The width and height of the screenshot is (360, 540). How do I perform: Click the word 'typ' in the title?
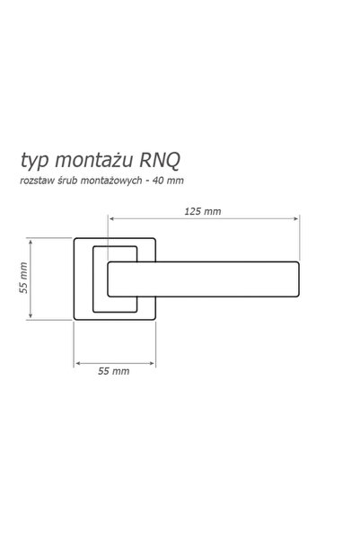34,161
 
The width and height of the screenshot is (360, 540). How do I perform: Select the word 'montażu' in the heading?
93,161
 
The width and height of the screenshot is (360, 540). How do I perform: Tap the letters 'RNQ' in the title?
160,161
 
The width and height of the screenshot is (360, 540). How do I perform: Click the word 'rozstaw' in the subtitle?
37,181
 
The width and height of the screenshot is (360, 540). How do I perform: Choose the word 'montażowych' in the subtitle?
111,181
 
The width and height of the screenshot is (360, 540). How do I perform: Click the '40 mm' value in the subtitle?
168,180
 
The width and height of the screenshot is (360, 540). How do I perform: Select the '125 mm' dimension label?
203,211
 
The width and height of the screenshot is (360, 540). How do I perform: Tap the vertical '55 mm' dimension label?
23,278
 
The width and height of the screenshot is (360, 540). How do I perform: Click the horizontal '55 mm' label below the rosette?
114,371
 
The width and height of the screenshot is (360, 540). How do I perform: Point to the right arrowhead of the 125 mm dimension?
296,218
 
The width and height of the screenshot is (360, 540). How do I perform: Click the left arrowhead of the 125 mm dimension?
111,218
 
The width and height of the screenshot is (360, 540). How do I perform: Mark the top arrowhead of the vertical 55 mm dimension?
31,243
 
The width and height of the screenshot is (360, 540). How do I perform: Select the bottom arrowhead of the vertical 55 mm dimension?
31,314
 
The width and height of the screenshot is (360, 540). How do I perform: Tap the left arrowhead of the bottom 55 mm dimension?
77,363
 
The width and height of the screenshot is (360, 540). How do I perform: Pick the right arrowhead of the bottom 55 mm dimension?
152,363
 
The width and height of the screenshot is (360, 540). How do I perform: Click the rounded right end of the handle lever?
299,279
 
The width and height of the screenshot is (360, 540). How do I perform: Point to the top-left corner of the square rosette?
75,239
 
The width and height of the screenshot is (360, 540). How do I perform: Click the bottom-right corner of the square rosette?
155,319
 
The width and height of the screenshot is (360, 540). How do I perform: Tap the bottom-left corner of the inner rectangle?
93,312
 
